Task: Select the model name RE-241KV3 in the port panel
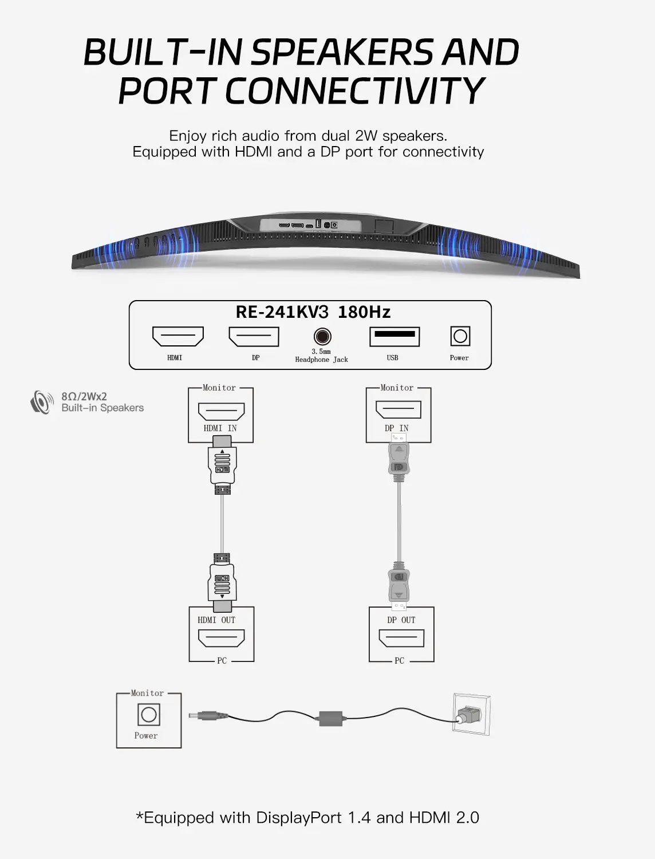282,312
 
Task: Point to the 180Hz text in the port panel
364,312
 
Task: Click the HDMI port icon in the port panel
178,336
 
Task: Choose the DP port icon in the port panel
254,336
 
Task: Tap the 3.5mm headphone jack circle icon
322,336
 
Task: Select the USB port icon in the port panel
394,336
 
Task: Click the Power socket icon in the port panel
460,336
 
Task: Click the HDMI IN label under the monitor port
220,428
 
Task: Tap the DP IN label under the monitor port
397,428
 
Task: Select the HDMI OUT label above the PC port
216,620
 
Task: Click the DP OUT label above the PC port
401,620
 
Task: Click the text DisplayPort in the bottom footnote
300,817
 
